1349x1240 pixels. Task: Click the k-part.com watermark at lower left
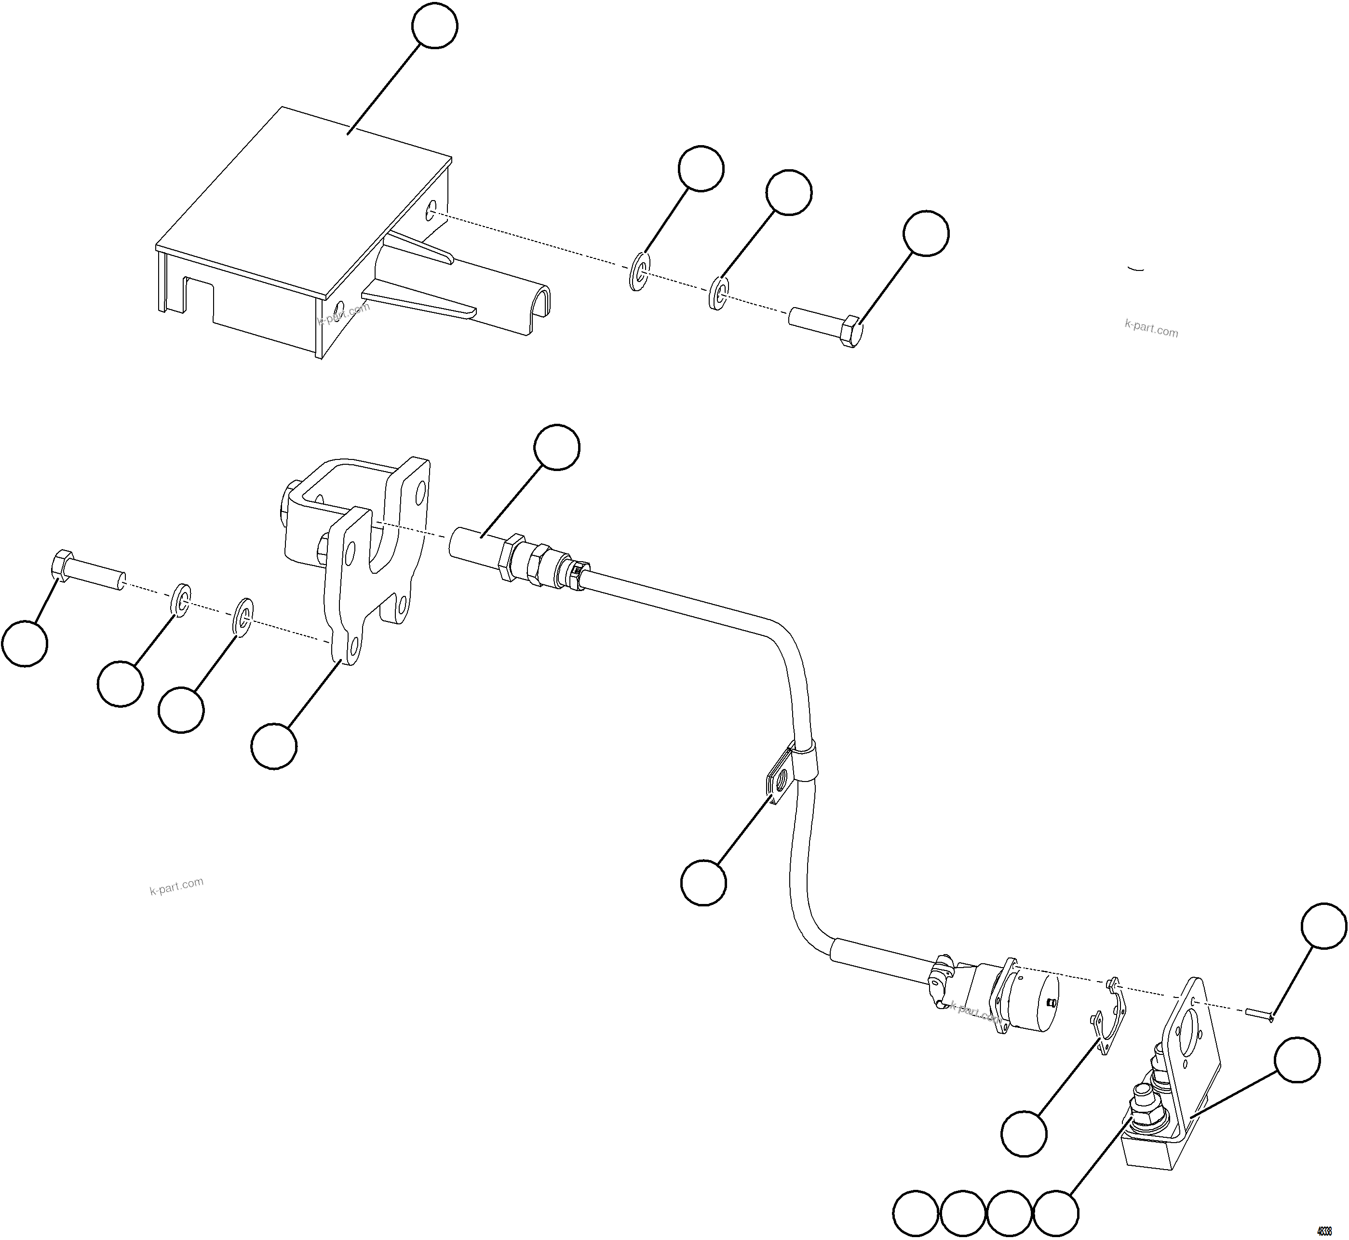(x=176, y=887)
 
